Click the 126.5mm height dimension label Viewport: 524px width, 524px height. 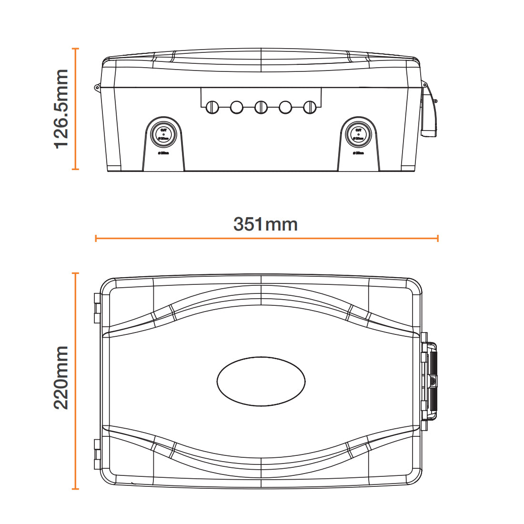tap(61, 109)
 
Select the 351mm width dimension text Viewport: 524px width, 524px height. tap(265, 224)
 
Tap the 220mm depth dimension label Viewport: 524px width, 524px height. tap(61, 378)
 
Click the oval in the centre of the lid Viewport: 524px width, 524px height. tap(261, 381)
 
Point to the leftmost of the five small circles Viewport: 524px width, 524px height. tap(212, 107)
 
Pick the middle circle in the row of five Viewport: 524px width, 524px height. tap(261, 107)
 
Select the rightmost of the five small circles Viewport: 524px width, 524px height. tap(310, 107)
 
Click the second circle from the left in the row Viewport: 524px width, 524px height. tap(237, 107)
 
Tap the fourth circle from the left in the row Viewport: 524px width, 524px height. tap(285, 107)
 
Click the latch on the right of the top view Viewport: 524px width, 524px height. tap(430, 381)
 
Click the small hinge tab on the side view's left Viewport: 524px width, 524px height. tap(97, 88)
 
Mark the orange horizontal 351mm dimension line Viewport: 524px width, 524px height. tap(267, 238)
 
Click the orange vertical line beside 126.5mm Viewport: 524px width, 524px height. tap(75, 109)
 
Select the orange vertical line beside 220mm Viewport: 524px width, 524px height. tap(75, 381)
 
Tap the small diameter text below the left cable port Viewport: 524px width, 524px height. tap(163, 153)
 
